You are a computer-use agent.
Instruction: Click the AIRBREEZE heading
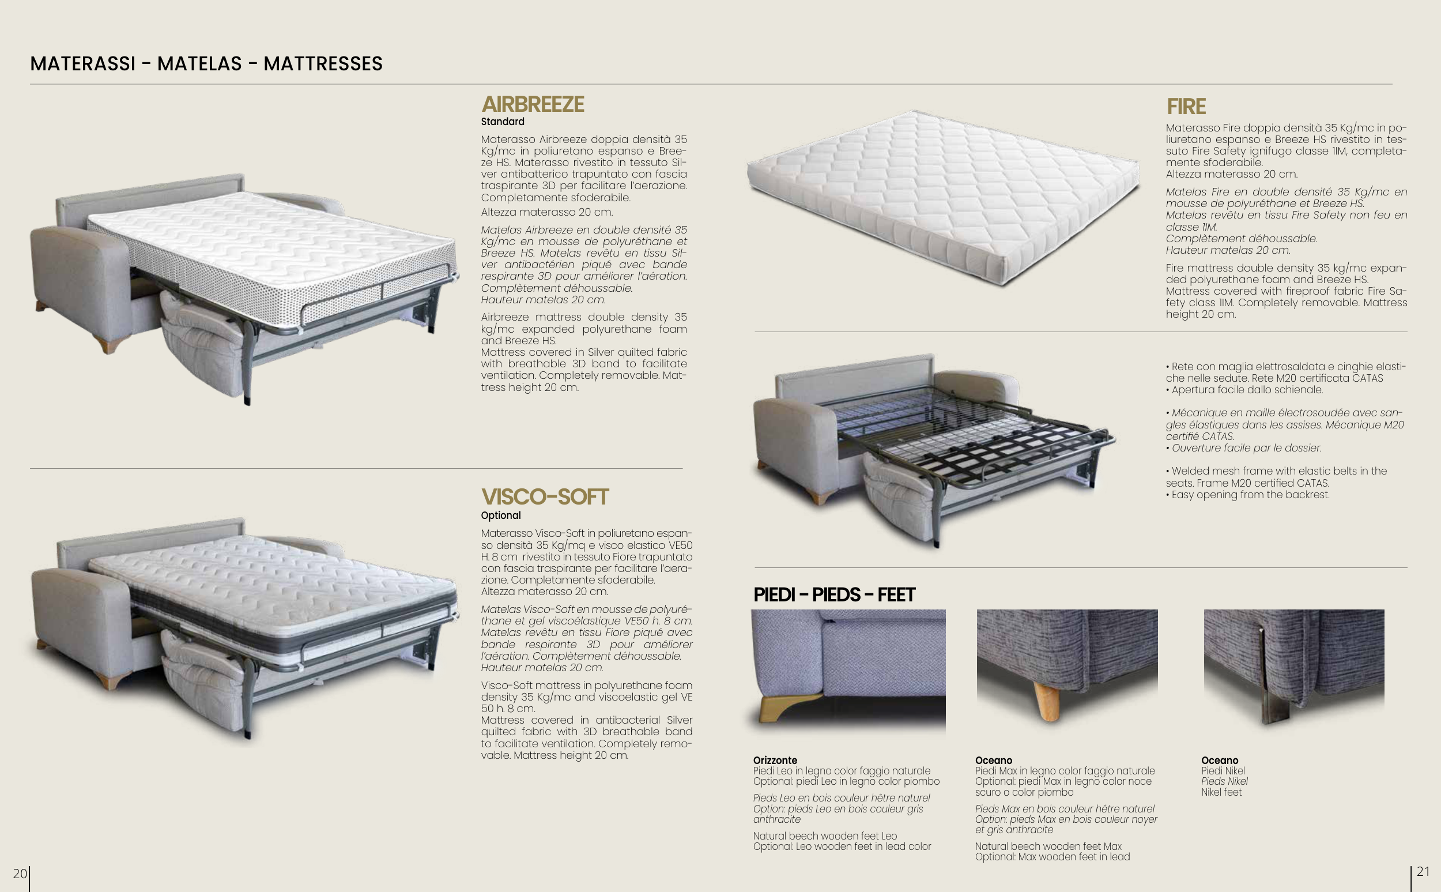[533, 104]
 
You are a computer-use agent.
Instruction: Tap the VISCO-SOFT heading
[545, 496]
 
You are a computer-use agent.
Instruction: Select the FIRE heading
[1186, 107]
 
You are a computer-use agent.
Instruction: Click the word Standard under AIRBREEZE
[503, 122]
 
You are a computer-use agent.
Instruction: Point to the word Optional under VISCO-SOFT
[500, 515]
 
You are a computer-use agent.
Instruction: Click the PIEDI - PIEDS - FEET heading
[833, 594]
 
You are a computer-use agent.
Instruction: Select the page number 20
[20, 873]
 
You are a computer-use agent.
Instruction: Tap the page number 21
[1423, 871]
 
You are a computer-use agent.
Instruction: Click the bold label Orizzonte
[775, 761]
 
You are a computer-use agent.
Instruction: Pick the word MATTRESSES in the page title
[323, 63]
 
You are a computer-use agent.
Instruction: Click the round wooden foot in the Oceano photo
[1048, 702]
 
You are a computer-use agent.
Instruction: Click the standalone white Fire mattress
[944, 197]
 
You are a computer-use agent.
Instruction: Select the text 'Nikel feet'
[1221, 792]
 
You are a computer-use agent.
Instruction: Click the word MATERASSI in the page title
[83, 63]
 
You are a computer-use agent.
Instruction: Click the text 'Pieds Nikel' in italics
[1225, 782]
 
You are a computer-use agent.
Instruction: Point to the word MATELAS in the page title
[199, 63]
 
